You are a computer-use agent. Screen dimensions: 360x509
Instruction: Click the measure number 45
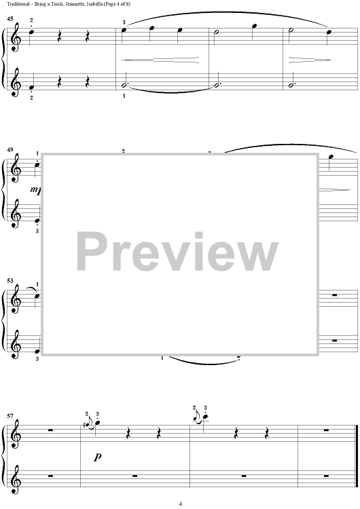10,19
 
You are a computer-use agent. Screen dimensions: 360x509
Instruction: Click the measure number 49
10,150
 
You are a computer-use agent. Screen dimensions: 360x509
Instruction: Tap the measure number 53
10,280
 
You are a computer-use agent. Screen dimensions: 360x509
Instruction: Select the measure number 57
10,416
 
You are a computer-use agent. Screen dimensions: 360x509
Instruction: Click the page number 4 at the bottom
180,504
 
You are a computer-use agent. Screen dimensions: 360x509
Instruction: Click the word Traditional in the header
15,4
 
